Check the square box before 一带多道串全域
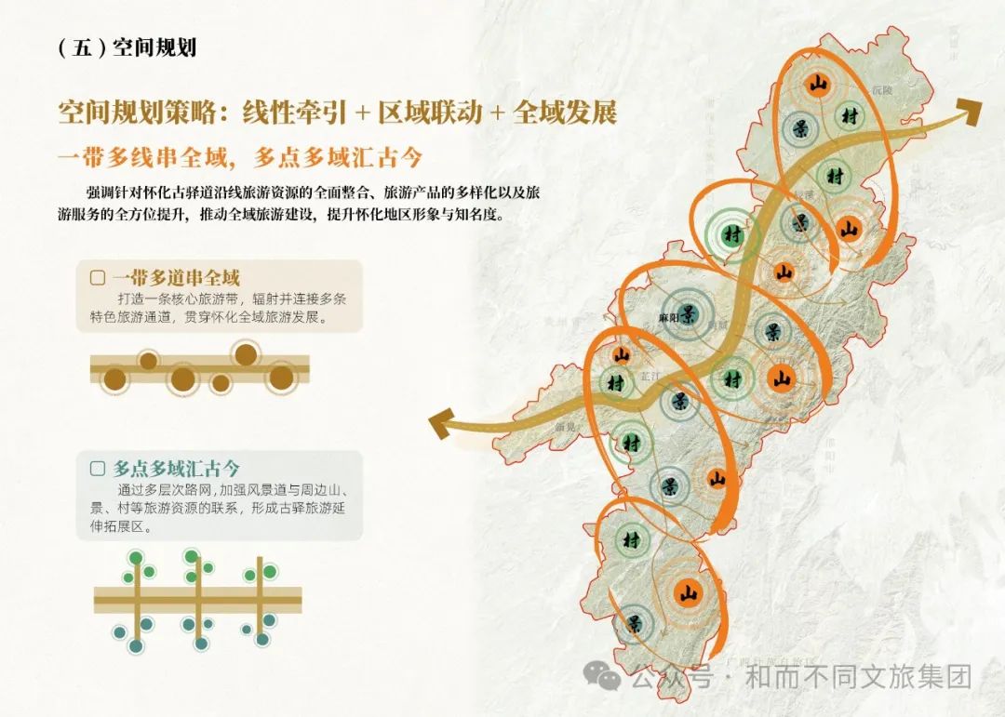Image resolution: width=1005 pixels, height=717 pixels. pyautogui.click(x=97, y=277)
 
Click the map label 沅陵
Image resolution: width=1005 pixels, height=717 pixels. pyautogui.click(x=881, y=90)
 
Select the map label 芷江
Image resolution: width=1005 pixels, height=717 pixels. pyautogui.click(x=650, y=375)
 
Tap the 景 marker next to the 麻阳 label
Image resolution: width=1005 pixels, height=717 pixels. pyautogui.click(x=690, y=312)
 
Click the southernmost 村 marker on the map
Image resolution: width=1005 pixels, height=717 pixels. pyautogui.click(x=633, y=539)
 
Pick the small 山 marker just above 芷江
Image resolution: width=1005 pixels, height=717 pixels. pyautogui.click(x=622, y=354)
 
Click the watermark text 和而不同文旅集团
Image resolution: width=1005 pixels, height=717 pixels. pyautogui.click(x=856, y=677)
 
